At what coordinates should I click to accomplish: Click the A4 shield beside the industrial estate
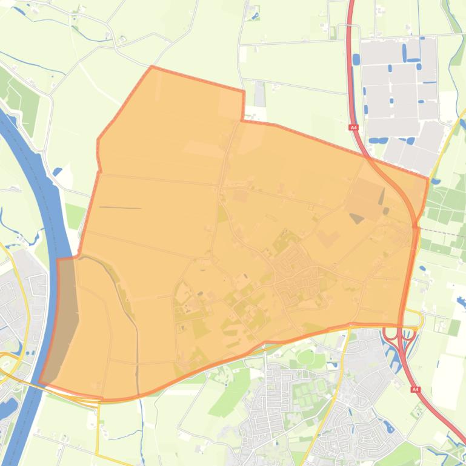pyautogui.click(x=354, y=128)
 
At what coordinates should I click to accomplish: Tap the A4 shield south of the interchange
pyautogui.click(x=415, y=390)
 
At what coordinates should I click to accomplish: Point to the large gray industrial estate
pyautogui.click(x=400, y=91)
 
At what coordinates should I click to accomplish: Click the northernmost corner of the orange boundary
pyautogui.click(x=151, y=67)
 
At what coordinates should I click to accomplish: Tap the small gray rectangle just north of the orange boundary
pyautogui.click(x=259, y=94)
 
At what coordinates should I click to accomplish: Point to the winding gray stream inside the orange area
pyautogui.click(x=127, y=303)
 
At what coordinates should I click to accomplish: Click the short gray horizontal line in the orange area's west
pyautogui.click(x=120, y=208)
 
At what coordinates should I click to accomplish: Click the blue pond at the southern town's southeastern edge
pyautogui.click(x=390, y=428)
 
